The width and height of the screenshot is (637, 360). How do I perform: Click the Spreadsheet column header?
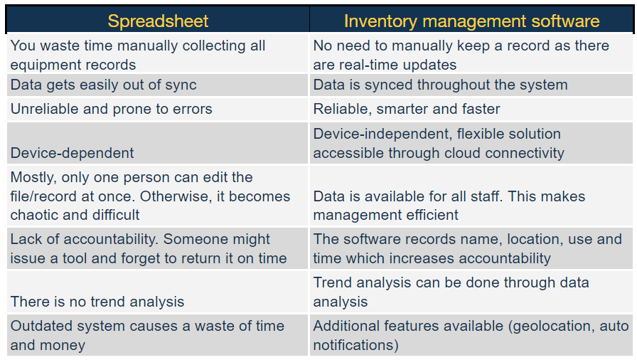point(158,21)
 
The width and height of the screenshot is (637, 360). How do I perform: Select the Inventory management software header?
point(471,21)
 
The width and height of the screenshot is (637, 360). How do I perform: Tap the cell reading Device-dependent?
point(72,153)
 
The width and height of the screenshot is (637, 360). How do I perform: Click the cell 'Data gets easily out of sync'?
point(103,85)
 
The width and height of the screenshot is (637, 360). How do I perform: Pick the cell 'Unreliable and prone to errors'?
point(111,109)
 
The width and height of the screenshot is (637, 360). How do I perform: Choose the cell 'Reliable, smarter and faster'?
point(407,109)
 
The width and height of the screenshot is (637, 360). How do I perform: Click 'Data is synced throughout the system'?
point(440,85)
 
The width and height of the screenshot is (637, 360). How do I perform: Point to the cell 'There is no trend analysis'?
point(97,302)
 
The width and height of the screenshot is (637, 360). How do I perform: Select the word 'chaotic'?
point(34,215)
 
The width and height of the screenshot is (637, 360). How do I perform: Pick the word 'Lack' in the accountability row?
point(26,240)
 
